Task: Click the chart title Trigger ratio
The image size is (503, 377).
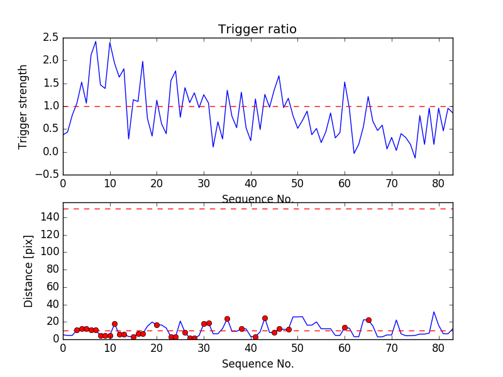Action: [257, 30]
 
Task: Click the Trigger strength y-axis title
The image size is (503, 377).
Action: [23, 106]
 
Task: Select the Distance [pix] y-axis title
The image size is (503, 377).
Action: [29, 271]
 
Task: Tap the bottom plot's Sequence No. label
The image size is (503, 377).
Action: [257, 364]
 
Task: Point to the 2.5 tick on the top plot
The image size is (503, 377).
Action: [51, 38]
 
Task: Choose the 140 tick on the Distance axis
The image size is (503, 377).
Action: [50, 217]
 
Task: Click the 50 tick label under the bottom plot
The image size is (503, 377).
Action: [297, 347]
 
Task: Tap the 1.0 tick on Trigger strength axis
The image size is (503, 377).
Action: [51, 106]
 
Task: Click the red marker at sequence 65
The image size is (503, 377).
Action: [368, 320]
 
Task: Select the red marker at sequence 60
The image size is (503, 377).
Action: [345, 327]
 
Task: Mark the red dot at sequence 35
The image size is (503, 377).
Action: [227, 319]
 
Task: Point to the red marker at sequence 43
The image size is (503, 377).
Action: [265, 318]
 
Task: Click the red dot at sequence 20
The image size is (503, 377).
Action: [157, 325]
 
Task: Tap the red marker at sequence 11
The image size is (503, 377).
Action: [114, 324]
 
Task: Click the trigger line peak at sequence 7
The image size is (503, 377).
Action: [96, 41]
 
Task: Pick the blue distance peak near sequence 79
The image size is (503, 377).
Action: [434, 312]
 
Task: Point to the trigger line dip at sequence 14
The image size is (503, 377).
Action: [129, 139]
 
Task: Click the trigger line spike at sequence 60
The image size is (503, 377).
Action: [345, 82]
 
